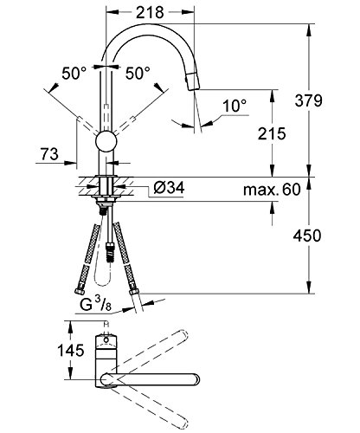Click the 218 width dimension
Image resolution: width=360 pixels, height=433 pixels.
pyautogui.click(x=150, y=12)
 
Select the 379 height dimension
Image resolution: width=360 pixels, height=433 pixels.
pyautogui.click(x=308, y=100)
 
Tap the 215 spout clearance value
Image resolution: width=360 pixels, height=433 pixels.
pyautogui.click(x=272, y=134)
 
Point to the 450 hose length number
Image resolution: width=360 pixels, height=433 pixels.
pyautogui.click(x=307, y=236)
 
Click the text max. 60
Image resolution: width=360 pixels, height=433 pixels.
pyautogui.click(x=272, y=190)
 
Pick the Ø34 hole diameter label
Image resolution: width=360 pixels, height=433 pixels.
pyautogui.click(x=169, y=188)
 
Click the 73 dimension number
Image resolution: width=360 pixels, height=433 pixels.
pyautogui.click(x=49, y=154)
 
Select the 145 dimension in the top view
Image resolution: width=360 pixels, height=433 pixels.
pyautogui.click(x=71, y=351)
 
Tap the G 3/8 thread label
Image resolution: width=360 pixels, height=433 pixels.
pyautogui.click(x=95, y=304)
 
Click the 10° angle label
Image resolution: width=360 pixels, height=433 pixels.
pyautogui.click(x=235, y=106)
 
